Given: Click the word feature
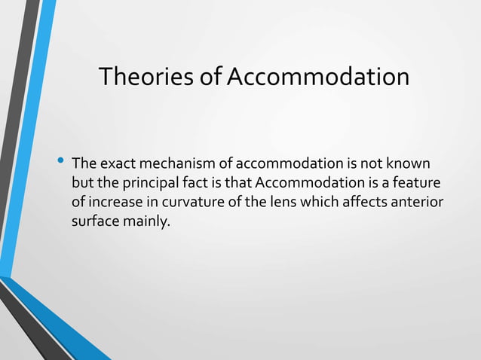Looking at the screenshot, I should point(416,184).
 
